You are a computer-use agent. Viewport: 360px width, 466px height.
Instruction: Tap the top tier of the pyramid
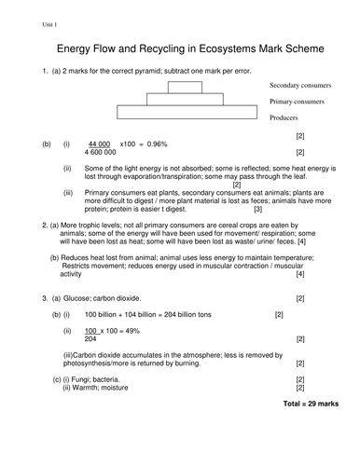click(185, 88)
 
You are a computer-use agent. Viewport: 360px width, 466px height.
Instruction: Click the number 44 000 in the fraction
click(100, 144)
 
